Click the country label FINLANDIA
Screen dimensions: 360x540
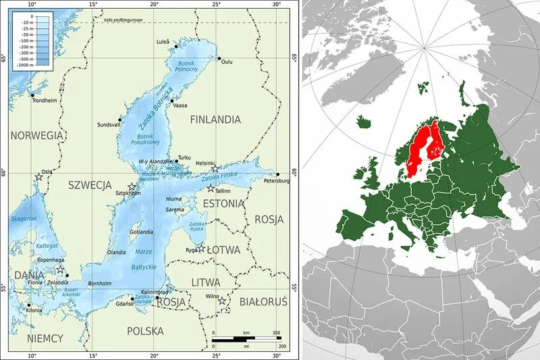click(x=215, y=120)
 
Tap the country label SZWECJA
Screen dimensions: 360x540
click(x=89, y=184)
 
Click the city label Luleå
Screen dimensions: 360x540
click(x=163, y=41)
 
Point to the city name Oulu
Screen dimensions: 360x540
click(x=227, y=62)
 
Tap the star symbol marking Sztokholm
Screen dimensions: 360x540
click(x=132, y=187)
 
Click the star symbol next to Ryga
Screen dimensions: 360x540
click(x=200, y=249)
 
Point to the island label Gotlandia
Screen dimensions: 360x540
click(x=142, y=232)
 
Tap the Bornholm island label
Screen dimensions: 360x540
click(x=99, y=282)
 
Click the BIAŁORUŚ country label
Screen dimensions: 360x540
click(x=265, y=302)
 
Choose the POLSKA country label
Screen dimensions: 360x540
click(x=145, y=331)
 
